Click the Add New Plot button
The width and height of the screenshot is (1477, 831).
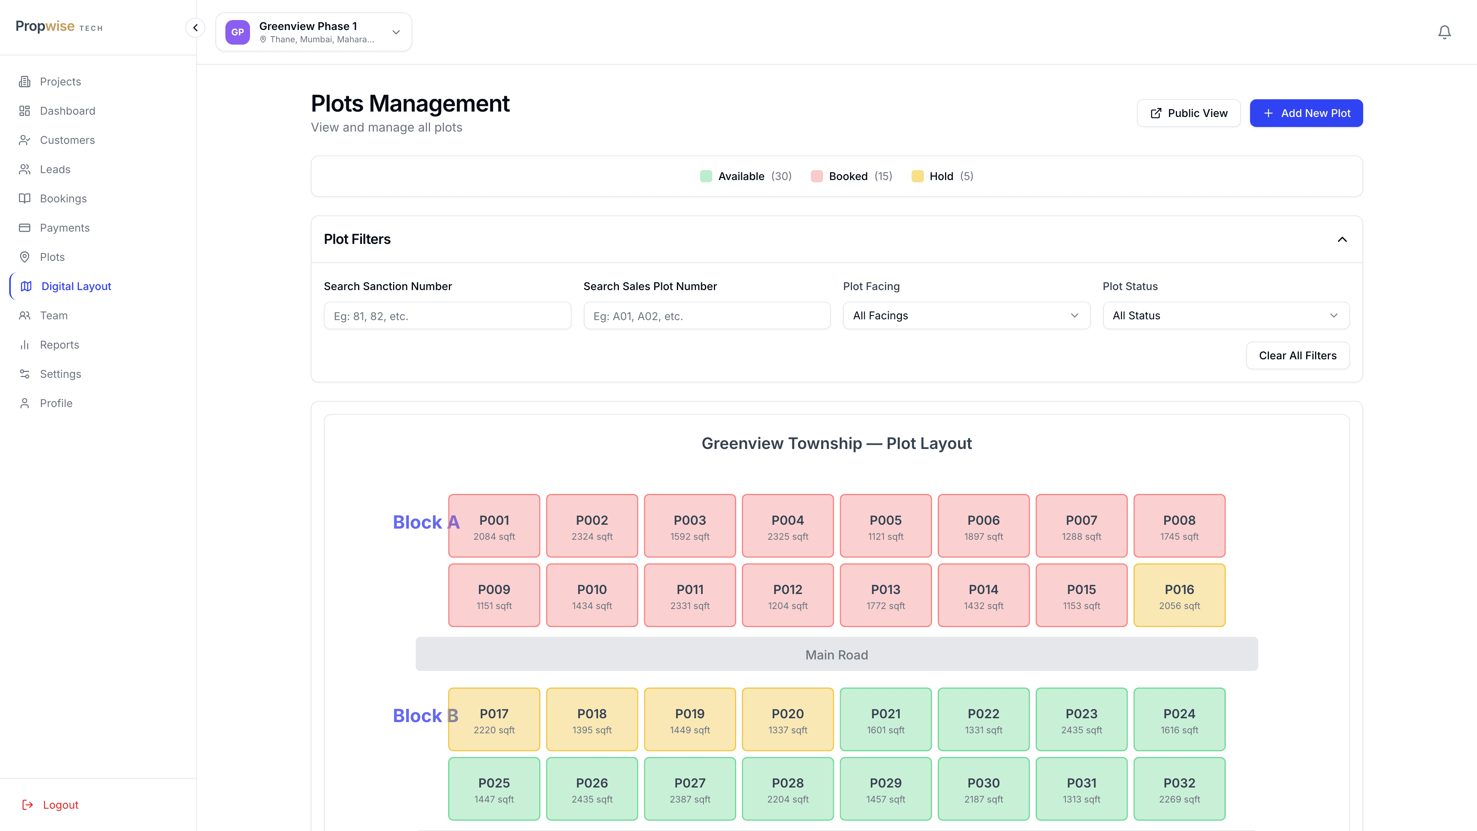(x=1306, y=113)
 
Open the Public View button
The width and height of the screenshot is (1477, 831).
(x=1189, y=113)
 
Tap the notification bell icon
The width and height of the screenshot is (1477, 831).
(x=1444, y=32)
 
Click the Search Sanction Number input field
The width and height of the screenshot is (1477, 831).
(x=447, y=315)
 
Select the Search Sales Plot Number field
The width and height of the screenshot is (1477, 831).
(x=707, y=315)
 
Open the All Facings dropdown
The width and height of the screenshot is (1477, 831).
(x=967, y=315)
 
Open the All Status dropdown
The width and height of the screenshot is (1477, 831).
(x=1226, y=315)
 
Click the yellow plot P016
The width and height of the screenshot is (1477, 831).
(x=1179, y=595)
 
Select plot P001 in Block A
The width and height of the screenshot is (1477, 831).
(x=494, y=526)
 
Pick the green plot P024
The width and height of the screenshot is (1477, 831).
(x=1179, y=719)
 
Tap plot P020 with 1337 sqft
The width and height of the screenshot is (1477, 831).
(x=788, y=719)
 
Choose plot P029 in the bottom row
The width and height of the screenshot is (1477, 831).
(x=886, y=789)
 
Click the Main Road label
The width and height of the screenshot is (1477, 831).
(x=837, y=655)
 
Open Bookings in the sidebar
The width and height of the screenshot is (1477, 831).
(x=63, y=199)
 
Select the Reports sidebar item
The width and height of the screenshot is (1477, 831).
(x=60, y=345)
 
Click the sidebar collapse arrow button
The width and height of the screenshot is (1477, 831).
(x=195, y=28)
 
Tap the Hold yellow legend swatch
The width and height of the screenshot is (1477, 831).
(x=917, y=176)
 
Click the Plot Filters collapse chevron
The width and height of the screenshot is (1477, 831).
(x=1342, y=239)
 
